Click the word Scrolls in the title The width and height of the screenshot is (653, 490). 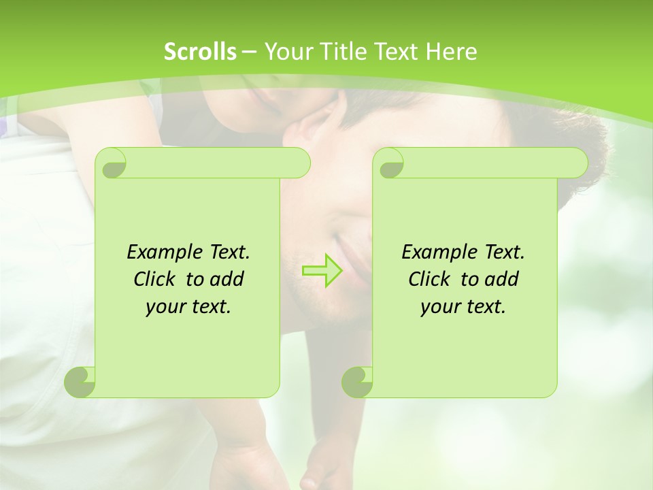point(200,52)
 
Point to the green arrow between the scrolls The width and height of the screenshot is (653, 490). point(322,270)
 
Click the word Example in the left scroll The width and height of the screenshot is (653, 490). point(161,252)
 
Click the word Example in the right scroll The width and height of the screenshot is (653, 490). point(436,252)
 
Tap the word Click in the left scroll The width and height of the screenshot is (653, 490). point(156,279)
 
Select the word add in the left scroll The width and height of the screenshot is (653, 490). point(228,279)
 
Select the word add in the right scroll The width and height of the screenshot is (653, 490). point(503,279)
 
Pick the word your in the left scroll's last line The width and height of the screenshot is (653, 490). point(164,307)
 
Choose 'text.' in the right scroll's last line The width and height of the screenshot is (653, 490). point(485,307)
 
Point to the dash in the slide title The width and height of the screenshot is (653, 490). point(249,52)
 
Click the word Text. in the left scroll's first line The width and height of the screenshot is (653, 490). point(227,252)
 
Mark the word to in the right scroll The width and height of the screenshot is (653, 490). point(469,279)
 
